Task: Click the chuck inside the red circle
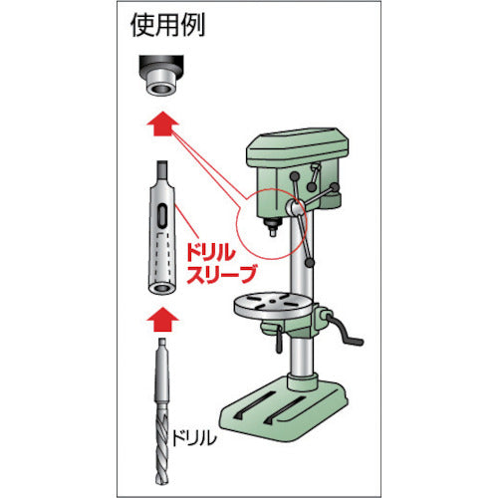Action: click(271, 222)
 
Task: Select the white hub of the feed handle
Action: click(297, 208)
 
